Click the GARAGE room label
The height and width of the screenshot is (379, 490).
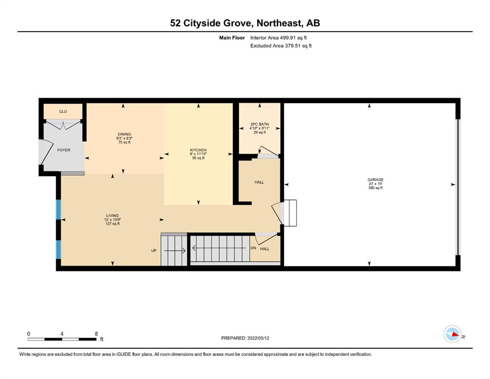[x=376, y=180]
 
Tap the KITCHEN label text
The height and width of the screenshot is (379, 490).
[x=198, y=150]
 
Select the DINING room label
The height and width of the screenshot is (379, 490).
[x=124, y=134]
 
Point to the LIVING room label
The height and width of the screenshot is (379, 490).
[x=113, y=216]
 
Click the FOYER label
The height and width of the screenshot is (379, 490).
[x=64, y=150]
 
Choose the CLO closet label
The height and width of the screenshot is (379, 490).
[x=63, y=112]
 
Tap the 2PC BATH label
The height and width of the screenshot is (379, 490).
[x=260, y=124]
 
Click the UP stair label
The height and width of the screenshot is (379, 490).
[x=154, y=251]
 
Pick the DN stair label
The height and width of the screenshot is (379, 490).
[x=253, y=248]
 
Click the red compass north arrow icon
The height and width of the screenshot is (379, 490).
[x=455, y=335]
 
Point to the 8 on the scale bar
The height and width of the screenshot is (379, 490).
[x=96, y=334]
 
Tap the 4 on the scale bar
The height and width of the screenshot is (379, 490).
[x=62, y=334]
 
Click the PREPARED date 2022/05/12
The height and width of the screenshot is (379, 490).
[x=258, y=338]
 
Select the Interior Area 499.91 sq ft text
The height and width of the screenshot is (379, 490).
[x=278, y=38]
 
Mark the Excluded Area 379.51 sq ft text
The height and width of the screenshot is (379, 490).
[x=281, y=45]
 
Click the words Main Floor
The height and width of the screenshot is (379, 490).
[x=232, y=38]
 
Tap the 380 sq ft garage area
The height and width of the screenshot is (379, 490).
[x=376, y=188]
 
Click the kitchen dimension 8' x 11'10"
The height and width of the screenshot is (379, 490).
[x=198, y=154]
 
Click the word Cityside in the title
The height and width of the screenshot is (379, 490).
[x=217, y=23]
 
